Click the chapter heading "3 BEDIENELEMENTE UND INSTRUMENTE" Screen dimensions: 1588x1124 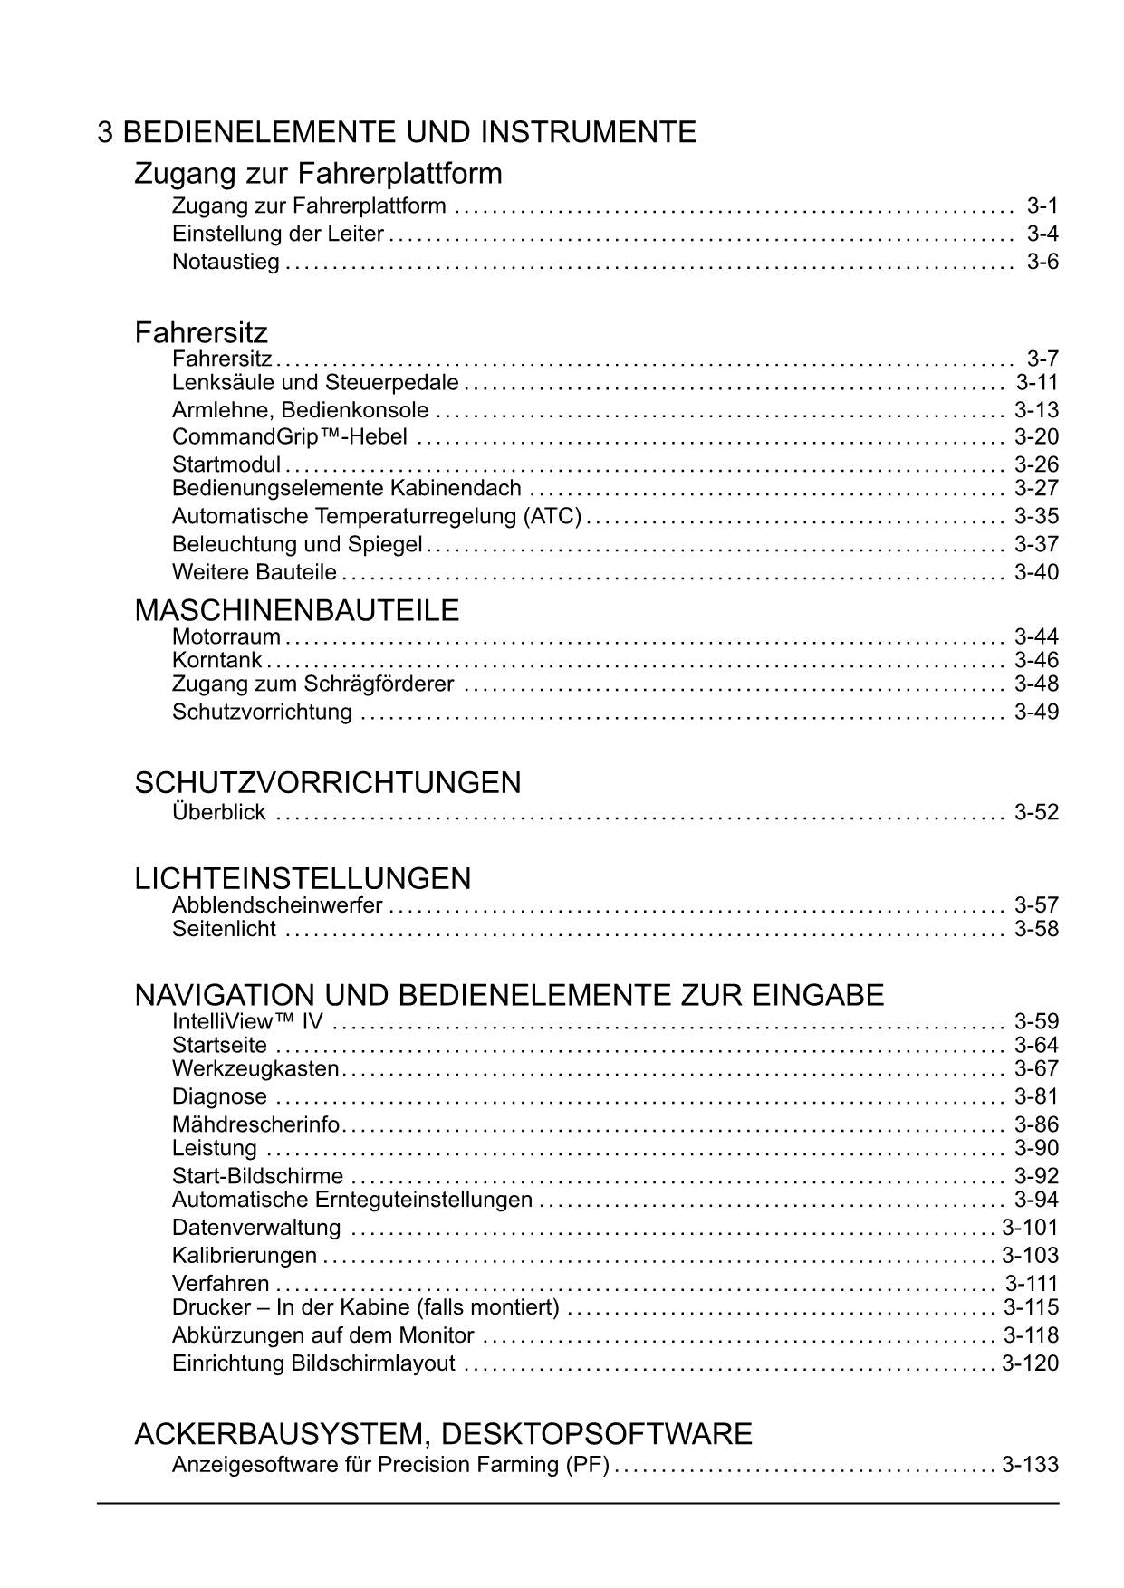point(397,132)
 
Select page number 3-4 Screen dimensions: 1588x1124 point(1042,234)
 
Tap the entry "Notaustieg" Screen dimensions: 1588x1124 point(226,263)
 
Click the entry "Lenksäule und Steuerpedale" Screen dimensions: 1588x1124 point(315,383)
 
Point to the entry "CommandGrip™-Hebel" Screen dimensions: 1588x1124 point(289,437)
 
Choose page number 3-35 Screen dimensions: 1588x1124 point(1036,517)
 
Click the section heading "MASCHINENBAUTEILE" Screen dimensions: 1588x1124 point(296,610)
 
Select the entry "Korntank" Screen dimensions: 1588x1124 point(216,660)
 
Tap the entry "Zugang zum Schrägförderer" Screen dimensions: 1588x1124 point(312,684)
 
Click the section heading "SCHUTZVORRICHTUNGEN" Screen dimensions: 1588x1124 point(327,782)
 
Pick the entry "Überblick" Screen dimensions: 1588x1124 point(218,812)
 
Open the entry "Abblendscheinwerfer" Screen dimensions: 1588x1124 point(277,905)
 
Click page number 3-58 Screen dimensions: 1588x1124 point(1036,929)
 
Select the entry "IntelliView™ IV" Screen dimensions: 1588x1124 point(247,1022)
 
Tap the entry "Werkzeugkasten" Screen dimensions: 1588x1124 point(255,1068)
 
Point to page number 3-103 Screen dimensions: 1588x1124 point(1030,1256)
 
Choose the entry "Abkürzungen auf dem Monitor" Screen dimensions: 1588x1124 point(322,1335)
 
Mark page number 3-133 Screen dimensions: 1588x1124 point(1030,1464)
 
